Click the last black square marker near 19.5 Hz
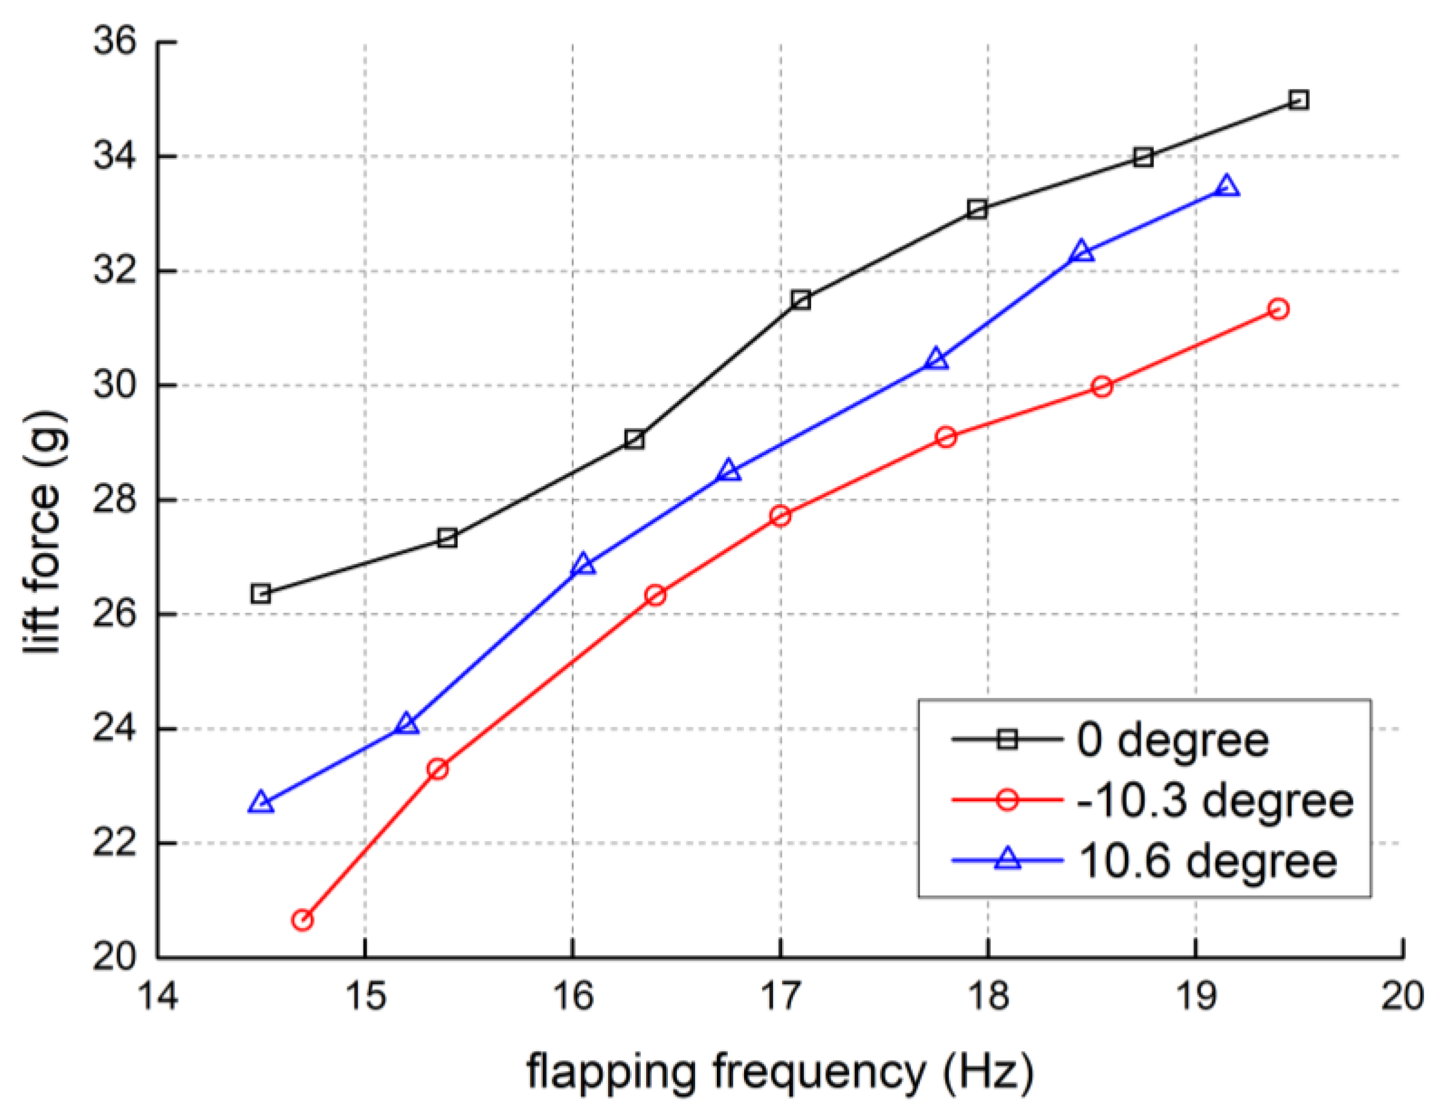point(1298,101)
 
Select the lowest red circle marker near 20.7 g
point(302,920)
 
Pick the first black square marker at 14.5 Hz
point(261,593)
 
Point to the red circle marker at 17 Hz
point(781,516)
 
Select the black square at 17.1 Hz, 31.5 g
point(801,300)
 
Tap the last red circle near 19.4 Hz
point(1278,309)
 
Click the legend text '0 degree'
point(1172,740)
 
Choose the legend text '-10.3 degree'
point(1215,800)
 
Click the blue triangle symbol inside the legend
point(1007,859)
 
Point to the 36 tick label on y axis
point(114,41)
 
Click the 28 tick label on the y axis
point(114,500)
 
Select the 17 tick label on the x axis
point(781,995)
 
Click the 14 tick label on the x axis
point(158,995)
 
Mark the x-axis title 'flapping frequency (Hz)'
point(780,1072)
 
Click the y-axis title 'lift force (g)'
point(43,533)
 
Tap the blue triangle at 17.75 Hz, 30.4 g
point(937,360)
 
